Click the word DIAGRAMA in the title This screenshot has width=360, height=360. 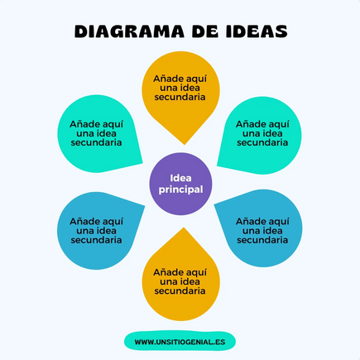coord(129,31)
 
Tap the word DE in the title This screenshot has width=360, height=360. coord(205,31)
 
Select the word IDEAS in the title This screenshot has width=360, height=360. coord(257,31)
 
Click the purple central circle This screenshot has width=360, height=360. coord(180,184)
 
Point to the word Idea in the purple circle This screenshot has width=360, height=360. coord(180,178)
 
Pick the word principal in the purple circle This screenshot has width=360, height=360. coord(180,190)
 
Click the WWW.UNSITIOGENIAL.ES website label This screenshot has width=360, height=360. coord(180,342)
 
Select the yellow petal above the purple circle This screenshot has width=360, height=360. coord(180,94)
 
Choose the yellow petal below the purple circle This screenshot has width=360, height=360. coord(180,279)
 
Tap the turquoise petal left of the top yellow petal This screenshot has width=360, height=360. coord(97,134)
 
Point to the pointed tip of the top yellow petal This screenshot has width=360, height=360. coord(185,144)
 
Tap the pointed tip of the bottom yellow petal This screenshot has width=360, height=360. coord(184,228)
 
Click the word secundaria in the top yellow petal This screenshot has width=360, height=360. coord(180,97)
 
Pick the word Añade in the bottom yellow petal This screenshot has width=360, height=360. coord(166,272)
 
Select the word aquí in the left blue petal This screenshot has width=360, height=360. coord(111,222)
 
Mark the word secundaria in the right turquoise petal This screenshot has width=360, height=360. coord(262,142)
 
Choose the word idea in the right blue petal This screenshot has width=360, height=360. coord(272,231)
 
